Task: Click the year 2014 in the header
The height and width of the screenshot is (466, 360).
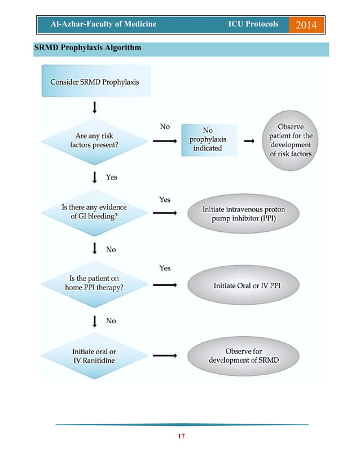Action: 306,25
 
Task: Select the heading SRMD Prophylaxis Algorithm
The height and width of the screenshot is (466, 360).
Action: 87,48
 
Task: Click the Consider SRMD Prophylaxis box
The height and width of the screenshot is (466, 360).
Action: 95,81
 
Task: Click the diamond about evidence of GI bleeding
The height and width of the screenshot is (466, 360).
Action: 94,212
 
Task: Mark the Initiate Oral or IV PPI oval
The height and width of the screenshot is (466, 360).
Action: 247,285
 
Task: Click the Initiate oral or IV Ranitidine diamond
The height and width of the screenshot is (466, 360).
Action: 94,355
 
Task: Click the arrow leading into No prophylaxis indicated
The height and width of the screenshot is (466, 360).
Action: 165,140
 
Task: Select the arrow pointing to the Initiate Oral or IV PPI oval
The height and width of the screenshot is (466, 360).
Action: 165,285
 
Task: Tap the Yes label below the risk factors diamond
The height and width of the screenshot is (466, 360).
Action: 112,177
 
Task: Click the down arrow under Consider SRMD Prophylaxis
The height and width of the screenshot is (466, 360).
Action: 95,107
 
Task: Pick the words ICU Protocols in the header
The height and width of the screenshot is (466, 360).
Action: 253,24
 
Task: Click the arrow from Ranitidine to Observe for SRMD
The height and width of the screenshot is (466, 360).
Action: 165,356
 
